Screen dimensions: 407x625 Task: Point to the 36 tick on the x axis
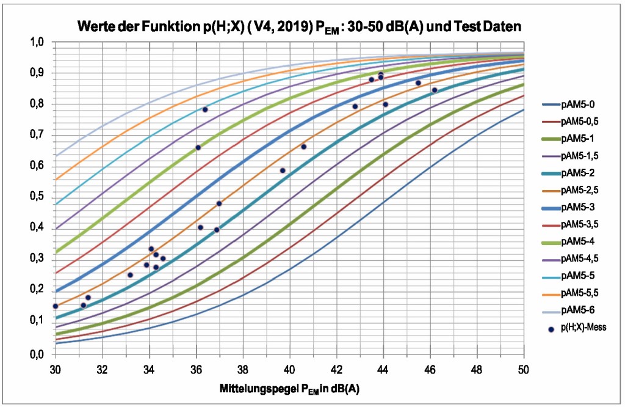pyautogui.click(x=196, y=369)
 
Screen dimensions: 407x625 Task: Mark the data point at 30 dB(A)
pyautogui.click(x=56, y=306)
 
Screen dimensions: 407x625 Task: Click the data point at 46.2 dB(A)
pyautogui.click(x=435, y=90)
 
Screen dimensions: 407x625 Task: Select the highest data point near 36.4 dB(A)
pyautogui.click(x=205, y=109)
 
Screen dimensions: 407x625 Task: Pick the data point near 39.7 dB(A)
pyautogui.click(x=283, y=170)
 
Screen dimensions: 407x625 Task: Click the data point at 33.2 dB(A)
pyautogui.click(x=130, y=275)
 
